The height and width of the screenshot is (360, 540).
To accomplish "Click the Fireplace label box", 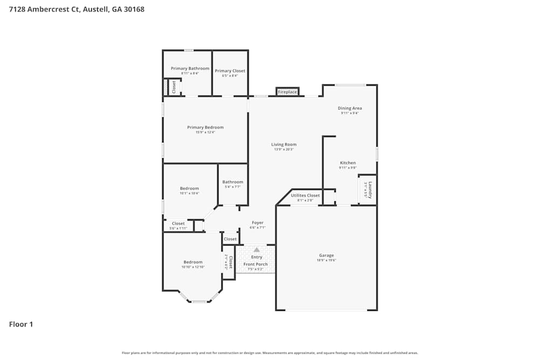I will [x=287, y=92].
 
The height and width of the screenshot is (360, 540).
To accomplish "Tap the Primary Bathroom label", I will [x=190, y=69].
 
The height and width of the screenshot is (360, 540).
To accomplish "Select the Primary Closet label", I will [x=230, y=71].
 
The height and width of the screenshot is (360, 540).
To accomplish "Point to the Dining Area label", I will [x=349, y=108].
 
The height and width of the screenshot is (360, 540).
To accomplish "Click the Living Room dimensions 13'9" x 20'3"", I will [x=283, y=150].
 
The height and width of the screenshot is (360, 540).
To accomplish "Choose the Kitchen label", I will [x=348, y=163].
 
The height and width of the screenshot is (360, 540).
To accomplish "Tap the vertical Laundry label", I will [x=370, y=189].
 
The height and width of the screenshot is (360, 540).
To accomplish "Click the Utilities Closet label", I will [x=305, y=195].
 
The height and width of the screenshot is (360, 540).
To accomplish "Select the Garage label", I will [x=326, y=255].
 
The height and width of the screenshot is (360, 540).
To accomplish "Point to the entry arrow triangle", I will [x=256, y=250].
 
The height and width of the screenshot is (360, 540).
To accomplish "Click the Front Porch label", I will [x=255, y=264].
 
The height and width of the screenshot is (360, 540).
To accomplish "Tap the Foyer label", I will [x=258, y=222].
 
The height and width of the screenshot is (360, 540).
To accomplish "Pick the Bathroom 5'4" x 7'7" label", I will [x=233, y=182].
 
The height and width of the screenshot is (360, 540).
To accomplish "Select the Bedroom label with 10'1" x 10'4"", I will [x=189, y=188].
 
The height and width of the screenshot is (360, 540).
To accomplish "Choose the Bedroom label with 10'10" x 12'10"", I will [x=192, y=262].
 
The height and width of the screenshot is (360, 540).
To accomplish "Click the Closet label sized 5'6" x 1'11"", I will [x=178, y=223].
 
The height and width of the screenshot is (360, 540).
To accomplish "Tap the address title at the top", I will [x=77, y=9].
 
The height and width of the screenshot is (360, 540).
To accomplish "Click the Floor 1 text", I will [x=21, y=324].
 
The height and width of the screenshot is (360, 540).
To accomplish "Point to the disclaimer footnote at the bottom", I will [x=269, y=353].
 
